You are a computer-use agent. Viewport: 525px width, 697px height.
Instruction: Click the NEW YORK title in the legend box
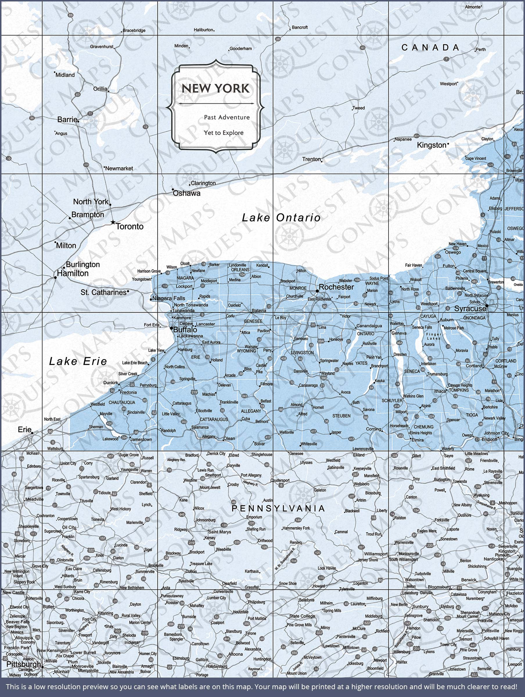tap(215, 88)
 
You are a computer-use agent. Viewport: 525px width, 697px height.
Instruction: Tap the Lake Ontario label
tap(281, 218)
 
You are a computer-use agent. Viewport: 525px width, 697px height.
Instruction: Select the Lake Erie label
tap(78, 361)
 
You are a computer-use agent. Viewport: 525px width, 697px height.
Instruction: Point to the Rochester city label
tap(336, 287)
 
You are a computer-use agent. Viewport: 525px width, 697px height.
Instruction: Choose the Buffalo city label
tap(185, 330)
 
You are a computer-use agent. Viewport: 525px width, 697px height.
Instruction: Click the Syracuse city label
tap(470, 308)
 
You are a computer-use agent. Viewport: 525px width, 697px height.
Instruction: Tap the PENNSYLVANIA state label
tap(278, 508)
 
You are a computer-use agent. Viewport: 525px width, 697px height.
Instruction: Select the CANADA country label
tap(430, 48)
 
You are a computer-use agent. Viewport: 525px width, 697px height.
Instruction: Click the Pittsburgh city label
tap(24, 664)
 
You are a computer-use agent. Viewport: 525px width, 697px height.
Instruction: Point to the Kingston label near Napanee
tap(432, 145)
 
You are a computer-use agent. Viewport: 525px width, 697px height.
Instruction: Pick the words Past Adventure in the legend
tap(226, 117)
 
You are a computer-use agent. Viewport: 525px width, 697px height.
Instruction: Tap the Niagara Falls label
tap(169, 298)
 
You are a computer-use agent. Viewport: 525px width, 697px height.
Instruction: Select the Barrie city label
tap(67, 119)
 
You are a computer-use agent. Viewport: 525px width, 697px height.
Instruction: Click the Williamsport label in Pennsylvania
tap(376, 554)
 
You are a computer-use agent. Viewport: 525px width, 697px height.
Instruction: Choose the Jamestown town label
tap(141, 439)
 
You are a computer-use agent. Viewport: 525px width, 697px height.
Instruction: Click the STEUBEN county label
tap(341, 416)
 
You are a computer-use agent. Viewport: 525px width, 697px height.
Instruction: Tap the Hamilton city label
tap(73, 273)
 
